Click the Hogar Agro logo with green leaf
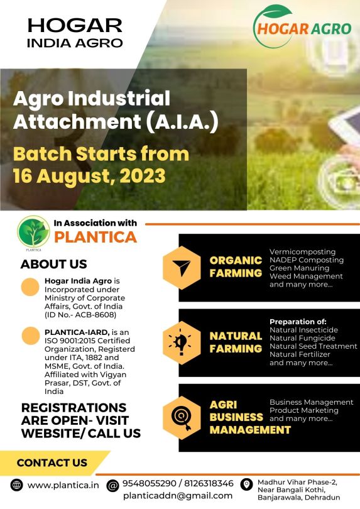coord(302,27)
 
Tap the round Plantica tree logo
coord(33,233)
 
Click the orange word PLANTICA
coord(95,237)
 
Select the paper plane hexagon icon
coord(182,268)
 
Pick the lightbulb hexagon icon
coord(182,343)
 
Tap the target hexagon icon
coord(182,418)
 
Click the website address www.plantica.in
coord(63,485)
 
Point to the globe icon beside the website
coord(16,485)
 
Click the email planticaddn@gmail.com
coord(178,496)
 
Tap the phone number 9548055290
coord(149,483)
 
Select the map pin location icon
coord(246,484)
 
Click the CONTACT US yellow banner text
coord(52,462)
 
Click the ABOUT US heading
coord(53,264)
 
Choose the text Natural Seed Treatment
coord(314,346)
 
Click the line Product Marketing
coord(304,410)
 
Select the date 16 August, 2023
coord(89,176)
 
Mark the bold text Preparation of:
coord(298,322)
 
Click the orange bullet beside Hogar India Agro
coord(30,287)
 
